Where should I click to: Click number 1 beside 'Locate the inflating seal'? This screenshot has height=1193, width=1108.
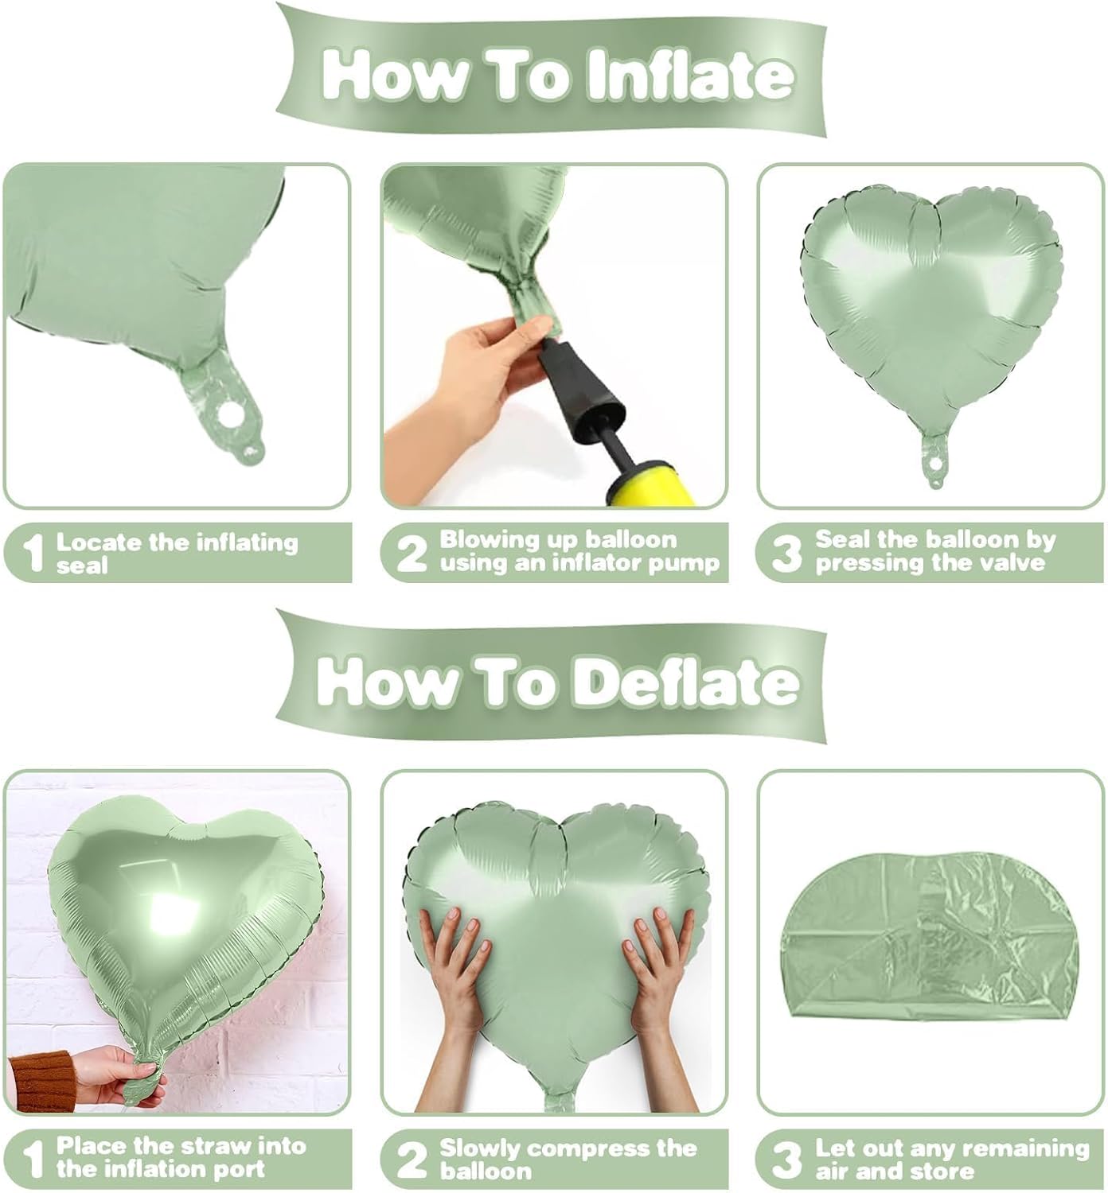32,553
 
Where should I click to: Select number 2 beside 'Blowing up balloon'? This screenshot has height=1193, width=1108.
411,553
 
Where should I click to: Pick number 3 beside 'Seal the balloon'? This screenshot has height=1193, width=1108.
786,553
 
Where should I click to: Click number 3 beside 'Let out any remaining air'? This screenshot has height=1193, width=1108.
786,1160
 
